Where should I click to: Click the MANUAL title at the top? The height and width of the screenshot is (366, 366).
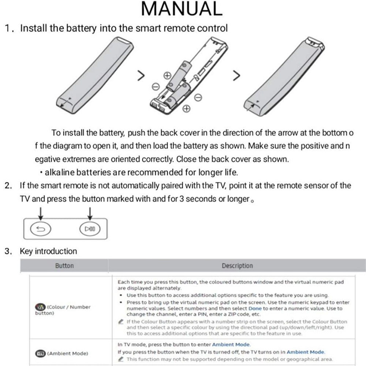click(182, 9)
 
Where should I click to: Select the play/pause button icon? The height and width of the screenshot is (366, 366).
click(90, 229)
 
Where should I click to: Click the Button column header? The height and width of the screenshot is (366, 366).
click(64, 266)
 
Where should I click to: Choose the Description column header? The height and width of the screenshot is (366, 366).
click(237, 266)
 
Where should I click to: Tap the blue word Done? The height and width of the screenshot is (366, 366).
click(255, 309)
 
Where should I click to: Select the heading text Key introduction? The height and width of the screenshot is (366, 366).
click(48, 251)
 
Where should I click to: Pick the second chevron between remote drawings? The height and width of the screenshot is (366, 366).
click(237, 75)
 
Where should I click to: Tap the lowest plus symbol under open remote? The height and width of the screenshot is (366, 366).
click(186, 109)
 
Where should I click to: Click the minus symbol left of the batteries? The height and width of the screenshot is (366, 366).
click(155, 86)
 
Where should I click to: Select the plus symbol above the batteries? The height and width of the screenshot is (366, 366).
click(167, 76)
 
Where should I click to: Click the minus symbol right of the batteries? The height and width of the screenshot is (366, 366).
click(198, 97)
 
